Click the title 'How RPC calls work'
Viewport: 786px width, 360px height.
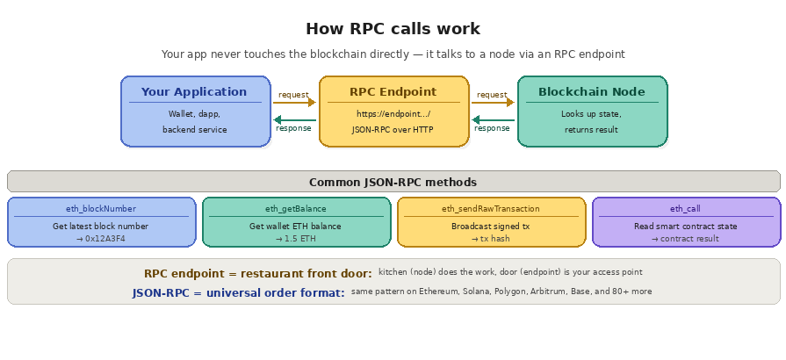coord(393,28)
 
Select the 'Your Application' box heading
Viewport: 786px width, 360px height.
coord(194,91)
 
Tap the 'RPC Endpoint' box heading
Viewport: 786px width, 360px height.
coord(393,91)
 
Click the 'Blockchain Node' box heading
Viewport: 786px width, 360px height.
coord(591,91)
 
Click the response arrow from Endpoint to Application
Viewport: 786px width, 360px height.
coord(294,119)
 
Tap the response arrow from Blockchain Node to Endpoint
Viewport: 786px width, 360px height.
coord(493,119)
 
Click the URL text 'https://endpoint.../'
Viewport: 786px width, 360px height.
coord(393,114)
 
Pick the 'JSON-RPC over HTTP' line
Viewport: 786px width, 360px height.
coord(393,130)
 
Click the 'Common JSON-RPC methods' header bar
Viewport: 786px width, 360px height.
coord(393,182)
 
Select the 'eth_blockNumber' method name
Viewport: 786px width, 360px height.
coord(101,209)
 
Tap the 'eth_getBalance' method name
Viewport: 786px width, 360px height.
coord(296,209)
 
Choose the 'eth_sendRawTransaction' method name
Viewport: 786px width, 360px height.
coord(491,209)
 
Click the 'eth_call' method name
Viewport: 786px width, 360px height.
coord(685,209)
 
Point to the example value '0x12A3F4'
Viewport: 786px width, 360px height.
coord(105,239)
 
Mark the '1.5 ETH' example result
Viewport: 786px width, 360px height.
coord(299,239)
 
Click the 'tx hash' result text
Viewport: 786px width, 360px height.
coord(494,239)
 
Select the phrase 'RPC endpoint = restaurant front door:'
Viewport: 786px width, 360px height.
coord(257,274)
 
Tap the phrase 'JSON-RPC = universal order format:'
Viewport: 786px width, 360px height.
coord(238,293)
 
